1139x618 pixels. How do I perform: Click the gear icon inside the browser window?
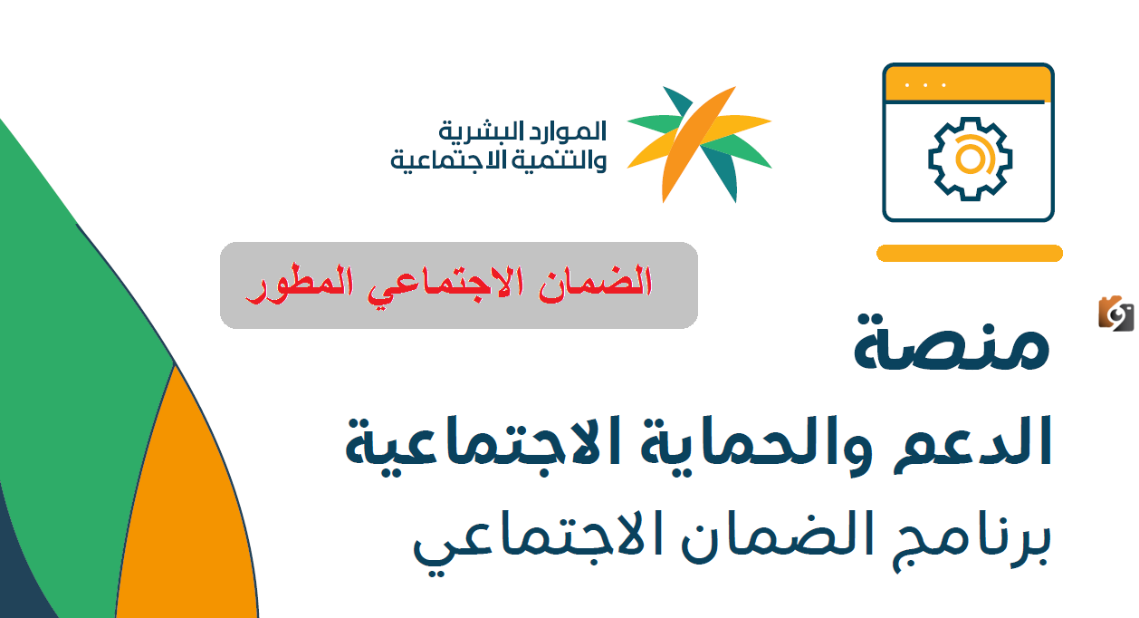click(968, 158)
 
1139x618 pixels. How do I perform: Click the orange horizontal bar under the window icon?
click(969, 254)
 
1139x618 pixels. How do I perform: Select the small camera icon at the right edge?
click(1115, 314)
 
